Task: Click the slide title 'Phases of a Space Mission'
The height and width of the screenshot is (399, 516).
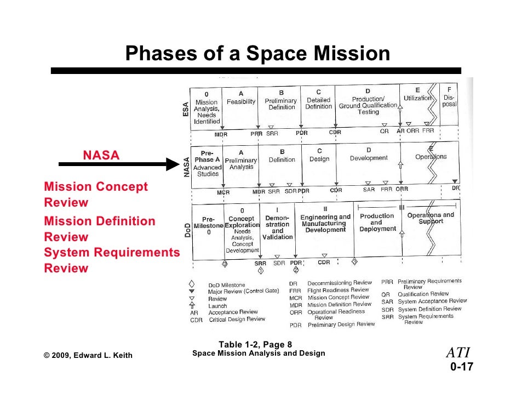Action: [257, 54]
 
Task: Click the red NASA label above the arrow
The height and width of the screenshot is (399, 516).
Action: [101, 156]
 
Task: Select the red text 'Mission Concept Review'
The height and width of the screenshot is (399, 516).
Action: [96, 195]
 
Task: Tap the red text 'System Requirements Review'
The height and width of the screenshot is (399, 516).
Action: [112, 260]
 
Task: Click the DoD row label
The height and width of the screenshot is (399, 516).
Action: [186, 229]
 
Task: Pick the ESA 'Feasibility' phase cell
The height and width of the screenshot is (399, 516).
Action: [241, 102]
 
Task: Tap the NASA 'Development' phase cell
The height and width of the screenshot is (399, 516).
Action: [369, 158]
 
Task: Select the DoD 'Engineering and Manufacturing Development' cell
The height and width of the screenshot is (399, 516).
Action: [325, 223]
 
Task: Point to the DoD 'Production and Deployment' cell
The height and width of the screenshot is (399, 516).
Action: [376, 223]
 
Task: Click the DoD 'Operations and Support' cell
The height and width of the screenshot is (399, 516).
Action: [431, 218]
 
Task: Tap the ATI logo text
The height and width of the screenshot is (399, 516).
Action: [459, 352]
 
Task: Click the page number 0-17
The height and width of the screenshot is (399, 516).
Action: [461, 367]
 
